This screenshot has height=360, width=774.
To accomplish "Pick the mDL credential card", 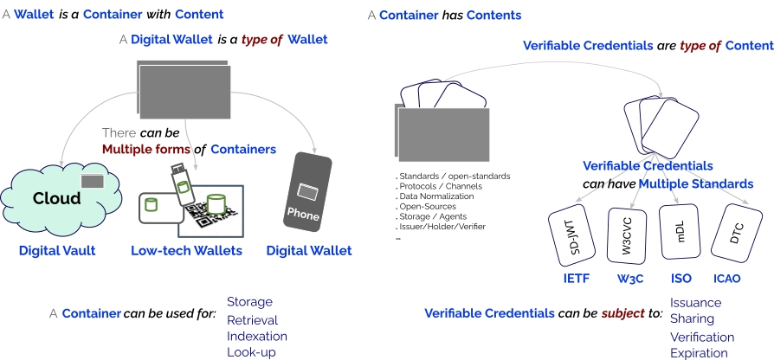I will click(680, 232).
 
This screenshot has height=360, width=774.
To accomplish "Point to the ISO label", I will click(681, 279).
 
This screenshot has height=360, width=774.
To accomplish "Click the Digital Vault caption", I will click(56, 251).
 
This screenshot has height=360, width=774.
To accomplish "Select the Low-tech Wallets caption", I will click(186, 251).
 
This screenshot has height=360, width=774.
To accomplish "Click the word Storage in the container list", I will click(249, 302).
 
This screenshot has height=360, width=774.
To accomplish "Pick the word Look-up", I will click(250, 352).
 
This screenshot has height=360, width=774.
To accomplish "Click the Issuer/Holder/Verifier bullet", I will click(442, 226).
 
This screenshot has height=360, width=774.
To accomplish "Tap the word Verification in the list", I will click(702, 337).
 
